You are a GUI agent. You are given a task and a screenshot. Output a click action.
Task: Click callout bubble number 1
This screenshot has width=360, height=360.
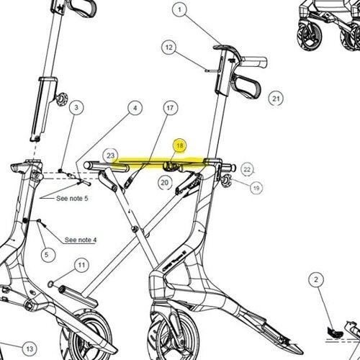tap(180, 10)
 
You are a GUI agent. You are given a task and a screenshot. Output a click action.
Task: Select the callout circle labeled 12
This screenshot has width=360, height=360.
tap(169, 48)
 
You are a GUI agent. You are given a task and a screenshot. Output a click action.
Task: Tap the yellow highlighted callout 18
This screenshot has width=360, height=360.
tap(180, 145)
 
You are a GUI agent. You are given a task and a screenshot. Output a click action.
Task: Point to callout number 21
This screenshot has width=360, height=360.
tap(276, 99)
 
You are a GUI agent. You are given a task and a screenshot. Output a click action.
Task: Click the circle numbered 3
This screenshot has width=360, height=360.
tap(76, 107)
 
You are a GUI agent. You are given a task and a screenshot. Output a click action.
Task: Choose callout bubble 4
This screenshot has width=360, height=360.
tap(135, 108)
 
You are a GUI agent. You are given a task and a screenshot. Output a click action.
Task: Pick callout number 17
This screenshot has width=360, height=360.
tap(170, 108)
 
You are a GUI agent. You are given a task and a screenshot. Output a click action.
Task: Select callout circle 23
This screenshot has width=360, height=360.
tap(110, 156)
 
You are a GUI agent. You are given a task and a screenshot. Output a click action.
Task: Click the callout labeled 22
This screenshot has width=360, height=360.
tap(247, 170)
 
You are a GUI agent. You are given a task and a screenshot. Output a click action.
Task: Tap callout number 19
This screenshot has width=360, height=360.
tap(256, 188)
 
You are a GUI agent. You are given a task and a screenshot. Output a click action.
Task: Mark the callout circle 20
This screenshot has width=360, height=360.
tap(165, 183)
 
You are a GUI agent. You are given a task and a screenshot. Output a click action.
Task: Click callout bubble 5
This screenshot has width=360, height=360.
tap(47, 255)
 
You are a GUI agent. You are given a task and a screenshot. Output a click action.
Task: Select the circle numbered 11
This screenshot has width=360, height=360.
tap(81, 265)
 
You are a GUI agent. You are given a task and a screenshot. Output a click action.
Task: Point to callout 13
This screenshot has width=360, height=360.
tap(30, 348)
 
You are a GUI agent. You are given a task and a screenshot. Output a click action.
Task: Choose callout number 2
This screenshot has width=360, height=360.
tap(316, 279)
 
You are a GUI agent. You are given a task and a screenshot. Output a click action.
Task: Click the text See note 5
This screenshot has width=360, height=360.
tap(72, 199)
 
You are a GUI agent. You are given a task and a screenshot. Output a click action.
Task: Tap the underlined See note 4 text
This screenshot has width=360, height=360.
tap(81, 240)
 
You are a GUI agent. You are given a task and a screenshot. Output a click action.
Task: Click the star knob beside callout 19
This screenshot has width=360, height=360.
tap(225, 181)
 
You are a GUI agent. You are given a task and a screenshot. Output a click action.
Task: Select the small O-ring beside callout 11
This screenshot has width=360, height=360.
tap(50, 284)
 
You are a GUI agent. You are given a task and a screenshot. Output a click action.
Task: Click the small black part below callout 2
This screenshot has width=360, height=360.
tap(335, 332)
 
